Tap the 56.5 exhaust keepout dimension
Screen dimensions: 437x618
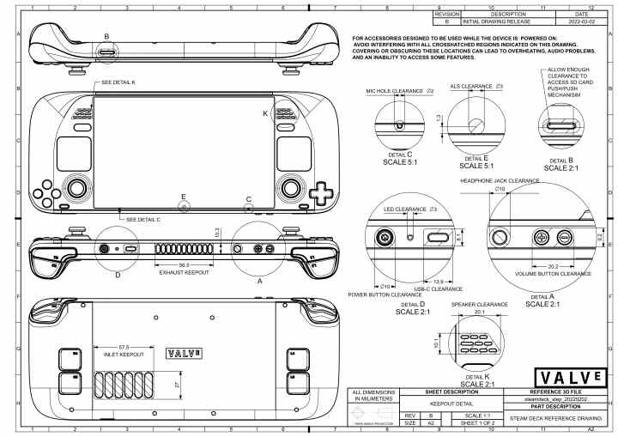pos(184,265)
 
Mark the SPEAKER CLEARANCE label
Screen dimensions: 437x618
pos(479,304)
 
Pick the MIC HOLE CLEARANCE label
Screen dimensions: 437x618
pos(396,89)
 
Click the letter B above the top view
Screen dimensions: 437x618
pos(106,36)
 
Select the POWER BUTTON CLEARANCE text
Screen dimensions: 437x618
pos(384,294)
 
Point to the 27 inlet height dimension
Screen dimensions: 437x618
pos(177,385)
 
